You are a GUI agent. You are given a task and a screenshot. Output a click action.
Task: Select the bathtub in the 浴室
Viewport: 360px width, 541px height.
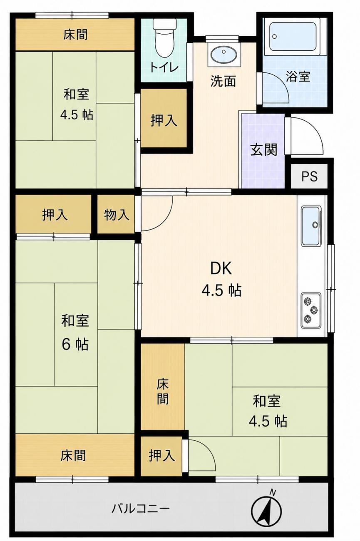pos(292,37)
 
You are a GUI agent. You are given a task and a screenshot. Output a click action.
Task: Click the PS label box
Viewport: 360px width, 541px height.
pos(310,176)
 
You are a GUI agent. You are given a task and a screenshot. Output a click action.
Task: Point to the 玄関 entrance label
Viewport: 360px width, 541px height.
pos(263,150)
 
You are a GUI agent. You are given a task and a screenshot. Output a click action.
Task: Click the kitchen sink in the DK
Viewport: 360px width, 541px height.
pos(311,226)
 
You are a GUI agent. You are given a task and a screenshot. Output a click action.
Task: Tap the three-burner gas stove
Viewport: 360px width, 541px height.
pos(311,310)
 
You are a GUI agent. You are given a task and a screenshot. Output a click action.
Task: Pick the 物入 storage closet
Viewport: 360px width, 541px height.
pos(116,214)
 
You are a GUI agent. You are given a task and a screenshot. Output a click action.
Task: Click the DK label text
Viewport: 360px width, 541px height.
pos(221,268)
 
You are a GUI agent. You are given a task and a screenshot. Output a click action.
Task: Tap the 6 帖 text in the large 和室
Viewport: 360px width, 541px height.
pos(75,345)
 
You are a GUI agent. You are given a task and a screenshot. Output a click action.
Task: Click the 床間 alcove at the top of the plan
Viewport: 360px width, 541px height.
pos(75,35)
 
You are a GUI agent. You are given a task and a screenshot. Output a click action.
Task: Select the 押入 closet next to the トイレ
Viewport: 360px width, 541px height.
pos(164,118)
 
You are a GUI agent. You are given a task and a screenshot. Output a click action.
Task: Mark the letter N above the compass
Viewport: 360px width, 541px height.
pos(273,486)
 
